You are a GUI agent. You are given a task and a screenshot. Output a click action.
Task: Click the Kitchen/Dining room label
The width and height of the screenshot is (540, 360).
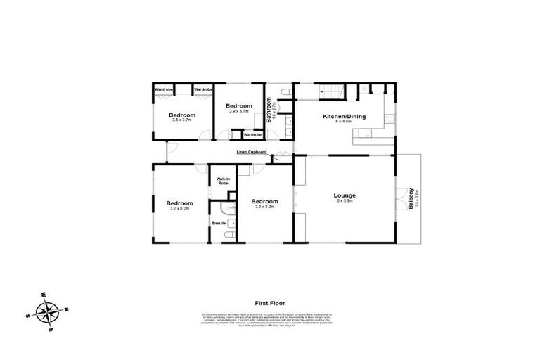pyautogui.click(x=344, y=116)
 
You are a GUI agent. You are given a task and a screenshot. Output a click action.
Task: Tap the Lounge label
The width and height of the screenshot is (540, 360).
pyautogui.click(x=345, y=195)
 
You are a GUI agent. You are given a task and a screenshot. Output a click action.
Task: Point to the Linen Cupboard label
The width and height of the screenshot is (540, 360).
pyautogui.click(x=251, y=152)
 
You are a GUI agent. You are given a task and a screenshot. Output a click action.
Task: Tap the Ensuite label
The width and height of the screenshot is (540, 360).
pyautogui.click(x=218, y=224)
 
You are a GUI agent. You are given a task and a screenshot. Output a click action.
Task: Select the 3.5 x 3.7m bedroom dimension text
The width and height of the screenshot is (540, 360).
pyautogui.click(x=181, y=120)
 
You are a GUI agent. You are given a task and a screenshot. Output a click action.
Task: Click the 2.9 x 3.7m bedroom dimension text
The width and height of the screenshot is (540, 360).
pyautogui.click(x=238, y=110)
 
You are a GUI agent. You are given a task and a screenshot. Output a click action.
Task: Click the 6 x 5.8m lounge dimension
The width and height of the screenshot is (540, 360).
pyautogui.click(x=345, y=201)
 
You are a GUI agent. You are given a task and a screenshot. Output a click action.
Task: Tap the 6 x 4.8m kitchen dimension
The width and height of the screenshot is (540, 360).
pyautogui.click(x=343, y=121)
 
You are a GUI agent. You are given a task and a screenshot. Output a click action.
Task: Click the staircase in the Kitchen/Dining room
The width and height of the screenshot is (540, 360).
pyautogui.click(x=330, y=91)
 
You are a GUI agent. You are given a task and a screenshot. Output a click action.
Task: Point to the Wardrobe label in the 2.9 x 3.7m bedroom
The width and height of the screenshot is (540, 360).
pyautogui.click(x=252, y=134)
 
